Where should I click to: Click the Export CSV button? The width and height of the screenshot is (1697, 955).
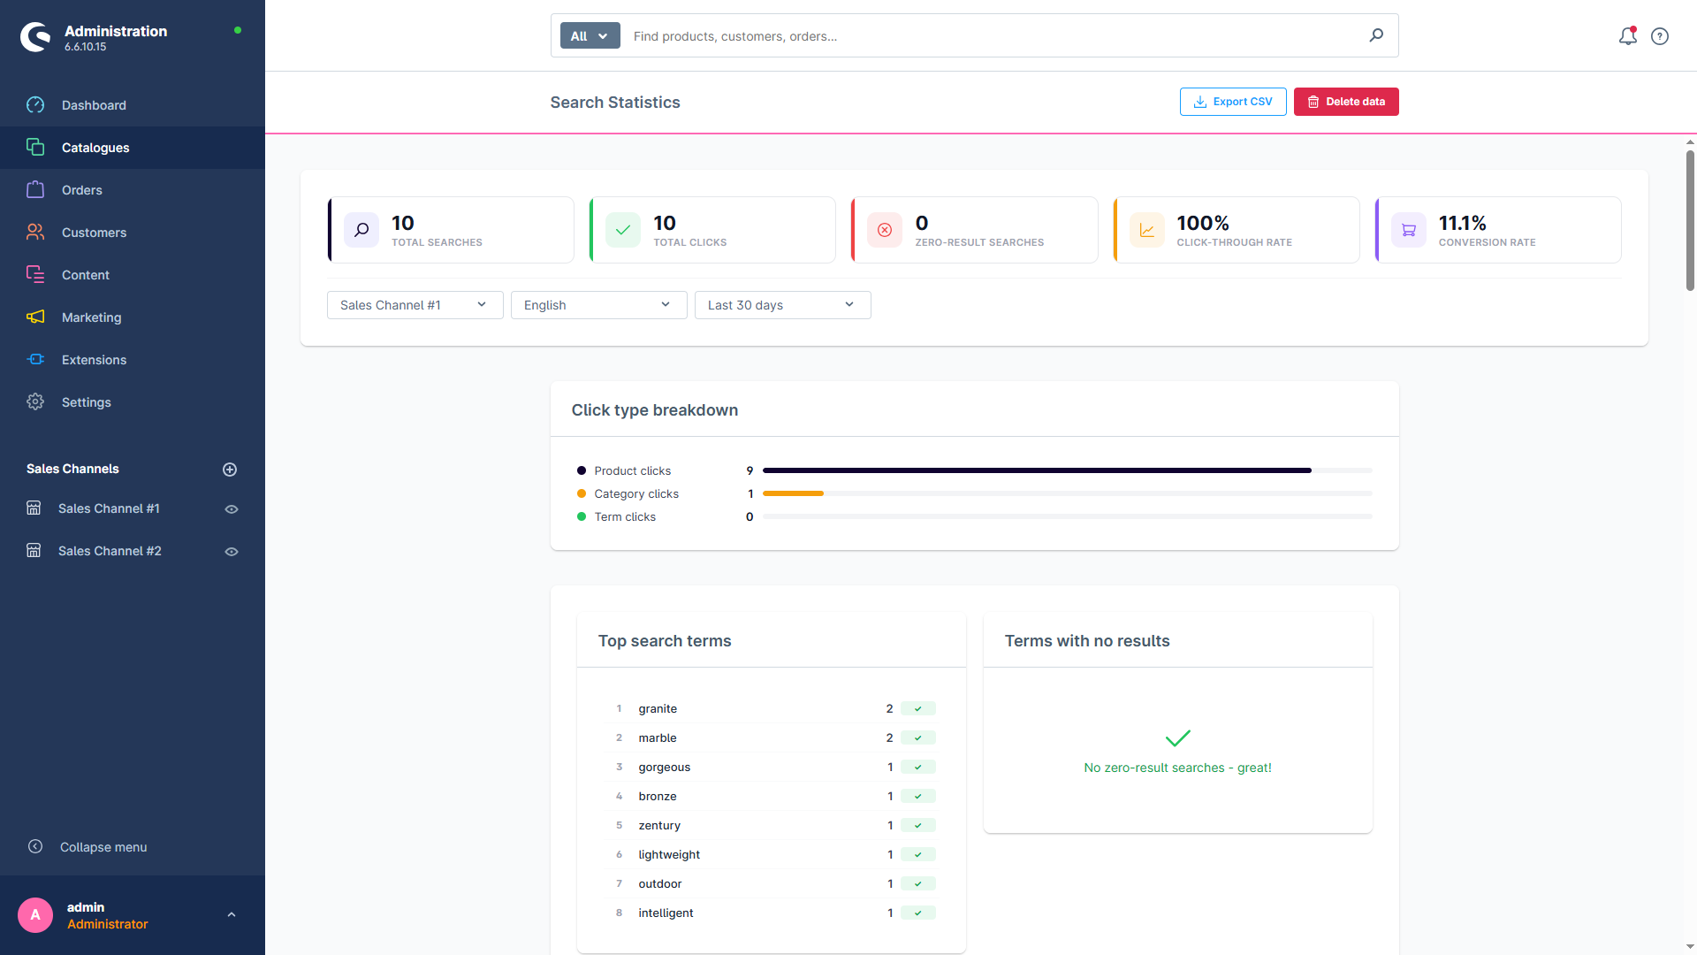tap(1233, 102)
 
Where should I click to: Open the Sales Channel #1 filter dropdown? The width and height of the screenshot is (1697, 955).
tap(415, 305)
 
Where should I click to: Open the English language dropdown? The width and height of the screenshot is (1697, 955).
tap(598, 305)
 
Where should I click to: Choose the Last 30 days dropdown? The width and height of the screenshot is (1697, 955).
tap(782, 305)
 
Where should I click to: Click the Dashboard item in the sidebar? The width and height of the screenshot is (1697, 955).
tap(94, 105)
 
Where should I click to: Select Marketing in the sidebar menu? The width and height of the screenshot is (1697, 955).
tap(91, 317)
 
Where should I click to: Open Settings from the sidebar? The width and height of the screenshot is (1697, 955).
tap(86, 402)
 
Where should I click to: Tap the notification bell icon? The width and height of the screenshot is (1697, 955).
tap(1628, 36)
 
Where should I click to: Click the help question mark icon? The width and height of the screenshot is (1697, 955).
tap(1660, 36)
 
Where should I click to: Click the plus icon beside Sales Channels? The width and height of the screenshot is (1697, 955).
tap(230, 470)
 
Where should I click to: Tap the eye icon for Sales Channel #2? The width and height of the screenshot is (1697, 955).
tap(232, 552)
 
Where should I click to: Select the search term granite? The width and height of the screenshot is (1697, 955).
tap(658, 708)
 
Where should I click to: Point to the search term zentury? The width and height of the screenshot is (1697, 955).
tap(659, 825)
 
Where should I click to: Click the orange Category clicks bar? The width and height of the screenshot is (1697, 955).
tap(793, 493)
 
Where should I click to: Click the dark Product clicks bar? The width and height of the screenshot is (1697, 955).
tap(1037, 470)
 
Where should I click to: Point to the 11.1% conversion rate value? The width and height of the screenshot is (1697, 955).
tap(1462, 223)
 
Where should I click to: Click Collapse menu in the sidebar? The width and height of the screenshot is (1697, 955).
tap(103, 847)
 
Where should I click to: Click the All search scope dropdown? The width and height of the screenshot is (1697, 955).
tap(590, 36)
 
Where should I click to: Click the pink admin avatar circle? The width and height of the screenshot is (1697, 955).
tap(35, 915)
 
